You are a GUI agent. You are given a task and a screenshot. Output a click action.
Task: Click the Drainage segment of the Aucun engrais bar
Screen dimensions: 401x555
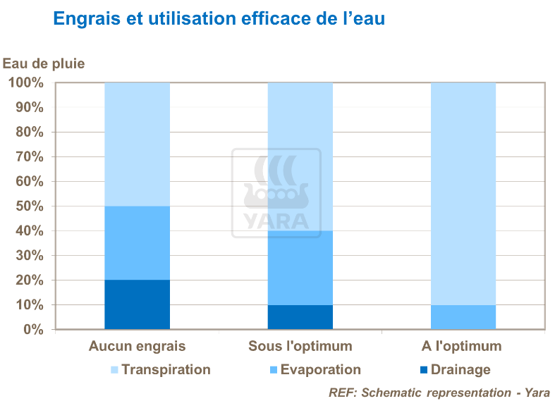(137, 304)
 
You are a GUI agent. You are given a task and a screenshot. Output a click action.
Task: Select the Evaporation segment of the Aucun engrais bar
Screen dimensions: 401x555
(137, 243)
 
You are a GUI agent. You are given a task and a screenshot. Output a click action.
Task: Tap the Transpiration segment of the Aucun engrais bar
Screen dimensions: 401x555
(137, 144)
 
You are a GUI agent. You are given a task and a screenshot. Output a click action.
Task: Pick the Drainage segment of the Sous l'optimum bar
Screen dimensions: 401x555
(300, 317)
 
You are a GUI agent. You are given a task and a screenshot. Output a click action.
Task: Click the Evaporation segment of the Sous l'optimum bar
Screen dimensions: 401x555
(300, 268)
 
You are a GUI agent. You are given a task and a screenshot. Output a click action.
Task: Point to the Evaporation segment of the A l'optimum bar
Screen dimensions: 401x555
(463, 317)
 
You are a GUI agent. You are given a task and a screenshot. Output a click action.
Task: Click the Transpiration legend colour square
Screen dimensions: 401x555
(114, 370)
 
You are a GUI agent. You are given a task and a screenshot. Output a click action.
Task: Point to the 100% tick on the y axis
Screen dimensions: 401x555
(26, 83)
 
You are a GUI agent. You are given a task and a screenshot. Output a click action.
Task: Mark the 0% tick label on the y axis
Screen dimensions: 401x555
(32, 330)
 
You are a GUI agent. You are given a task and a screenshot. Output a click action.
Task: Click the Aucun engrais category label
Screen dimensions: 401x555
(137, 346)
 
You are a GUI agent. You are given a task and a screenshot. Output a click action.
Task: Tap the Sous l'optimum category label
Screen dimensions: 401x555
(300, 346)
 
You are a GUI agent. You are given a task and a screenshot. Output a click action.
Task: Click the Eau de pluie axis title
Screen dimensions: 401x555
(44, 63)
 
